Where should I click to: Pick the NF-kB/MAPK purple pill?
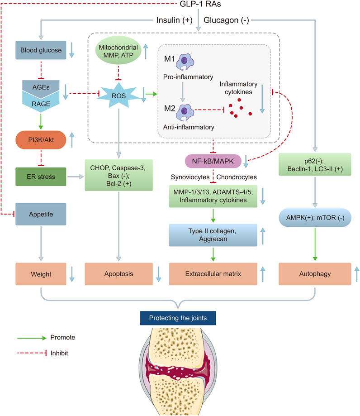[212, 159]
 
